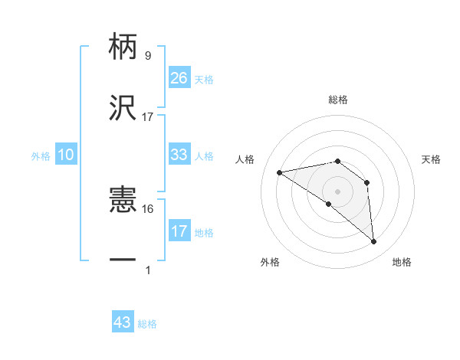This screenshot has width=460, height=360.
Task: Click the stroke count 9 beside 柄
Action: tap(147, 55)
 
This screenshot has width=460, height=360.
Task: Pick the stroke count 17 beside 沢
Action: tap(148, 116)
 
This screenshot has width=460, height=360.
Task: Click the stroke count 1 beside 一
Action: tap(147, 270)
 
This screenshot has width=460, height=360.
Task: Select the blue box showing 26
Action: tap(179, 77)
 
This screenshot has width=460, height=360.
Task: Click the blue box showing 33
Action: tap(179, 155)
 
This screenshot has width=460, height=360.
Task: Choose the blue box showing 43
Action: tap(123, 322)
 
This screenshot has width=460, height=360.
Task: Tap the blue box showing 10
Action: tap(66, 155)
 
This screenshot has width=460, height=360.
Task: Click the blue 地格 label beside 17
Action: tap(204, 232)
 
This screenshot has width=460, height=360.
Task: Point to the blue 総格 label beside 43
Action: tap(147, 324)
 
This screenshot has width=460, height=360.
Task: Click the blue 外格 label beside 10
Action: tap(41, 155)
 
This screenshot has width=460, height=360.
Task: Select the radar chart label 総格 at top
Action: tap(337, 100)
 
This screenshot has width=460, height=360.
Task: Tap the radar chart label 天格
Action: tap(431, 159)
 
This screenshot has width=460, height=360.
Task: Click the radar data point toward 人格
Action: tap(280, 172)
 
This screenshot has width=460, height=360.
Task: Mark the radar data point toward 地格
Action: tap(374, 242)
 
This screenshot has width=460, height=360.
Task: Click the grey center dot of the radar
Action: tap(337, 190)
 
